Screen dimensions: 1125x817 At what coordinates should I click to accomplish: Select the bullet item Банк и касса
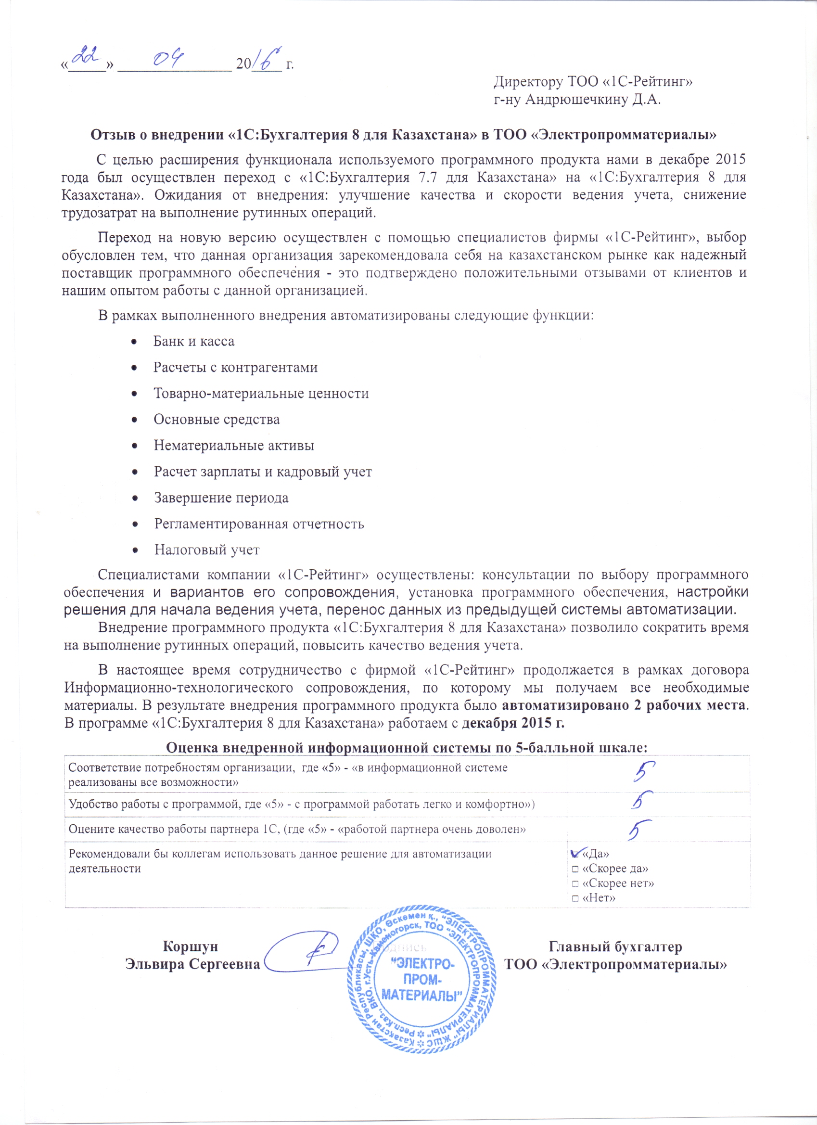(193, 341)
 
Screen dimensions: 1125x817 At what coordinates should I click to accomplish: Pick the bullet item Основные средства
(217, 420)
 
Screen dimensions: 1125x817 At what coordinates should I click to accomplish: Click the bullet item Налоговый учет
(206, 550)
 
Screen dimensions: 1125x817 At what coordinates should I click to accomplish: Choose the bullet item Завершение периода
(221, 498)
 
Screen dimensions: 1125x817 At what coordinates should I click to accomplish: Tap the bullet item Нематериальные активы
(234, 446)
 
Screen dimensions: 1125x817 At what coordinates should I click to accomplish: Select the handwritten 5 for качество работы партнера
(639, 830)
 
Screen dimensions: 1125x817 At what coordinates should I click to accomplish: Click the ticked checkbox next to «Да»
(575, 854)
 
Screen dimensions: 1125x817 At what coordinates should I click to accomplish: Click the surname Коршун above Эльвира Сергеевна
(191, 946)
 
